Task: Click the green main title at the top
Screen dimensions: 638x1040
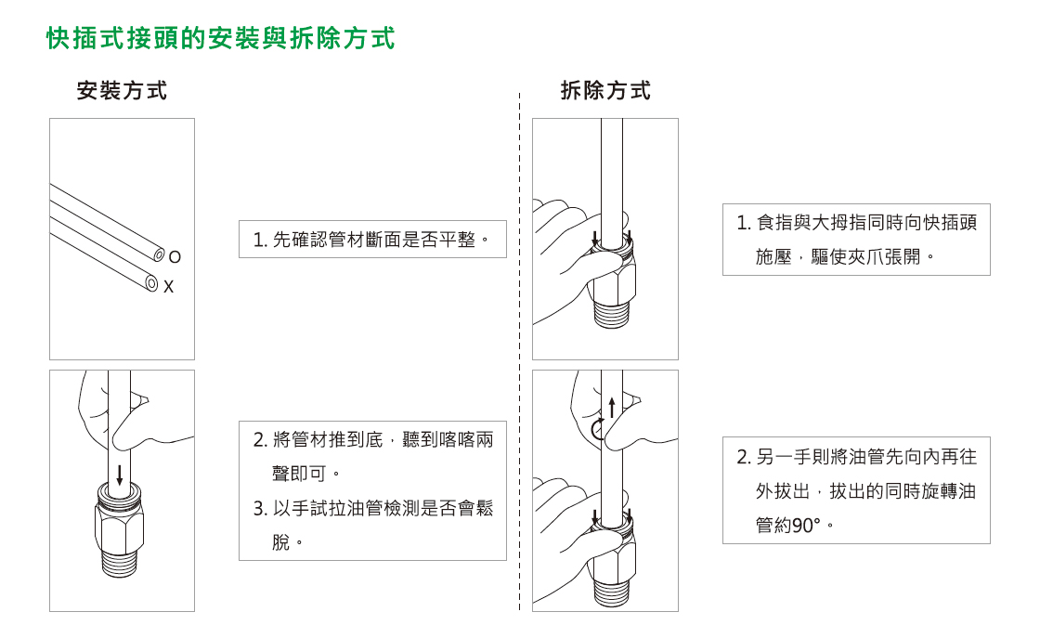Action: [221, 38]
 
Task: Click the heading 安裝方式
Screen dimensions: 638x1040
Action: [122, 91]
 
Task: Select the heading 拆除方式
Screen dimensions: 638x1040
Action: [605, 91]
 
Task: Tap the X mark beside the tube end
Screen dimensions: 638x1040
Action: [168, 288]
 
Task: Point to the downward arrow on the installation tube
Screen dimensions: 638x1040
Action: [120, 474]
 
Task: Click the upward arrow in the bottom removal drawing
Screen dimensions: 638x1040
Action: [612, 406]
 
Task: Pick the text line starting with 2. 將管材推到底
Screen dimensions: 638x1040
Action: [373, 439]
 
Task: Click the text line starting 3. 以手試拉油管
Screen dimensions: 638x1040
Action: [373, 508]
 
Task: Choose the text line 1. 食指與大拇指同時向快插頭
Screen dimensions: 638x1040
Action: [856, 223]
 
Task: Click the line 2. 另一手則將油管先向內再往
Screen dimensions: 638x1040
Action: [856, 457]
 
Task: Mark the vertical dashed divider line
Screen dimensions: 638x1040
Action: [519, 353]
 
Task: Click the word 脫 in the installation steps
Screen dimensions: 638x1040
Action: [280, 541]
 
